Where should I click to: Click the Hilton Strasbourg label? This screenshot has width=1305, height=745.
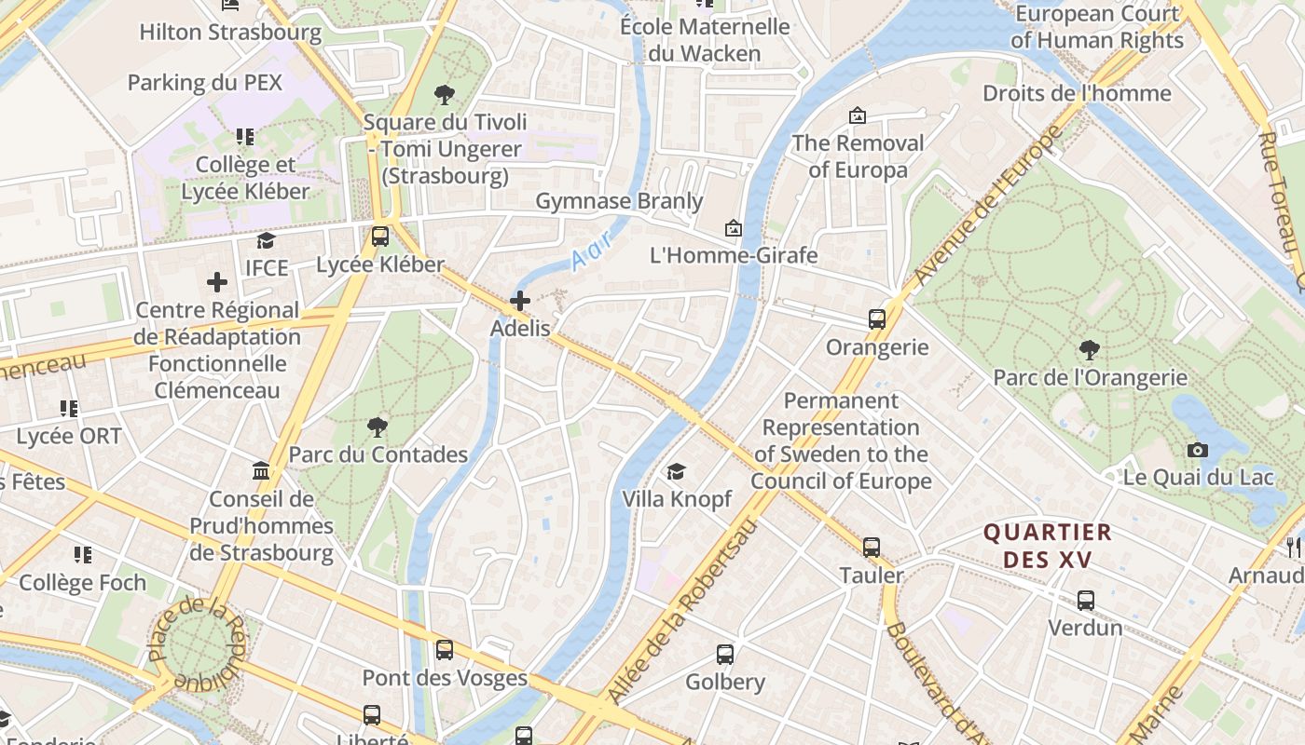pos(230,33)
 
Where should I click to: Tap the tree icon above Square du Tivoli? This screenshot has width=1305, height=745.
pos(445,94)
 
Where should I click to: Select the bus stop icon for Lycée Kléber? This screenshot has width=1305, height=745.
pos(379,237)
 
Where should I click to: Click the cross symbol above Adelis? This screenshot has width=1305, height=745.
pos(520,301)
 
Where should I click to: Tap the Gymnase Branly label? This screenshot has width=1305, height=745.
pos(619,201)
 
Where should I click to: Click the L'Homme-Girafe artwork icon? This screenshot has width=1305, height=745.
pos(734,228)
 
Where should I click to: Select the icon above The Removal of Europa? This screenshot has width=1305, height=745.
pos(857,116)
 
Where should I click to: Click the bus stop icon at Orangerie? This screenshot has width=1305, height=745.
pos(877,319)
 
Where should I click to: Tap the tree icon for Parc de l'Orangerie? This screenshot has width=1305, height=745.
pos(1089,350)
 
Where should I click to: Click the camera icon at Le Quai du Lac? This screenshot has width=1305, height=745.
pos(1198,451)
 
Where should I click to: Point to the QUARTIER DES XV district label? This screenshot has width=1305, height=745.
pos(1049,546)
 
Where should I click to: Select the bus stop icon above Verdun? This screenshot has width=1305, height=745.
pos(1086,601)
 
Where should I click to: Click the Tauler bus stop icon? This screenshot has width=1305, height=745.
pos(872,548)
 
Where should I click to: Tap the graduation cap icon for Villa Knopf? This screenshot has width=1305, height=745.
pos(676,472)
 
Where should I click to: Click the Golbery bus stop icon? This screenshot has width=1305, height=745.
pos(725,655)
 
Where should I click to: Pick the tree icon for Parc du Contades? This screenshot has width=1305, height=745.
pos(378,427)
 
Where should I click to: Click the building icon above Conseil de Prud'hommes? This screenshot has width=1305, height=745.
pos(261,471)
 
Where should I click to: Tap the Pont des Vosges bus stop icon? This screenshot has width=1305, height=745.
pos(445,650)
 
